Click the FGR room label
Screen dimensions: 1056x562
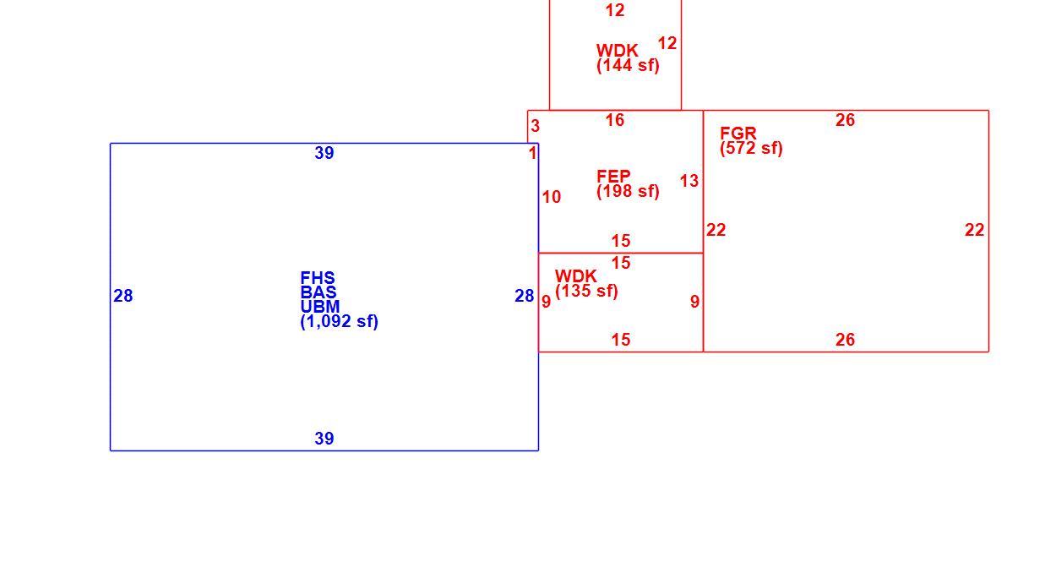pyautogui.click(x=738, y=133)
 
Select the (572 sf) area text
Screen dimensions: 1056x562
pyautogui.click(x=751, y=148)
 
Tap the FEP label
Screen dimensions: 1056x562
pyautogui.click(x=613, y=177)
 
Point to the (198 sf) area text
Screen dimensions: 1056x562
pyautogui.click(x=628, y=192)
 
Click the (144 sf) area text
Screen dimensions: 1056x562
pyautogui.click(x=628, y=65)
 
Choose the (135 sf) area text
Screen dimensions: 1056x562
pyautogui.click(x=586, y=291)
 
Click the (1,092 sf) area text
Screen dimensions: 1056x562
pyautogui.click(x=339, y=321)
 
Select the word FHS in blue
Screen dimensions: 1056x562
pyautogui.click(x=318, y=278)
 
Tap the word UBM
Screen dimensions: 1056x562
pyautogui.click(x=319, y=307)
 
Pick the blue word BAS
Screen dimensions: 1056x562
pyautogui.click(x=318, y=292)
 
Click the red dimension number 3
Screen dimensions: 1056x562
pyautogui.click(x=535, y=126)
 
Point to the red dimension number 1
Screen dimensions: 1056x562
pyautogui.click(x=532, y=153)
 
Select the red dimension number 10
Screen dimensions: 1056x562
pyautogui.click(x=551, y=197)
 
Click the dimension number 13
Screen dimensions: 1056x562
pyautogui.click(x=689, y=181)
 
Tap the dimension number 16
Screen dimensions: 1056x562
pyautogui.click(x=615, y=120)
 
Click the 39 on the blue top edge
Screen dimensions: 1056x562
pyautogui.click(x=324, y=153)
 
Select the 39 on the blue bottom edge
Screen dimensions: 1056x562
pyautogui.click(x=324, y=439)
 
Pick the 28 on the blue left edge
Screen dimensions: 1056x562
pyautogui.click(x=123, y=296)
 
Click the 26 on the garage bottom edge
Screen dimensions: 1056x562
pyautogui.click(x=845, y=340)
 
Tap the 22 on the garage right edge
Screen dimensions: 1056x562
pyautogui.click(x=974, y=230)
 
